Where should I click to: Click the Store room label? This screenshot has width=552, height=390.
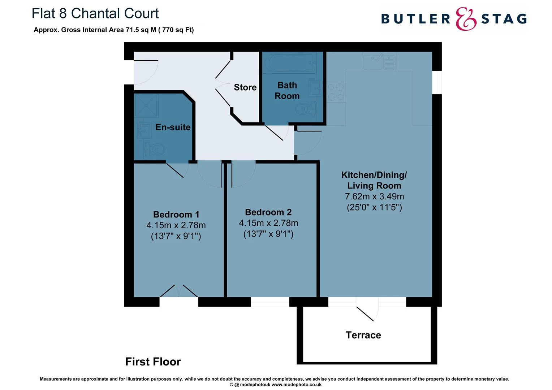[245, 87]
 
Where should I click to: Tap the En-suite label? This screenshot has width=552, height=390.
[173, 127]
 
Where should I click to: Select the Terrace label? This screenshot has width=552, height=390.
[363, 335]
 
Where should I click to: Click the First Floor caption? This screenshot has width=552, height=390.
[153, 362]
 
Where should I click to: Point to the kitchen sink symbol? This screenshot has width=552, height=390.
[379, 61]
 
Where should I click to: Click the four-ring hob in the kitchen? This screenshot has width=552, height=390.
[336, 92]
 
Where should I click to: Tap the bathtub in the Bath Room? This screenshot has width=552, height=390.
[290, 63]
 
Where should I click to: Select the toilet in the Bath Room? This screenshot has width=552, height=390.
[306, 108]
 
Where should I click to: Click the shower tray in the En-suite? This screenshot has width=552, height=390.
[146, 105]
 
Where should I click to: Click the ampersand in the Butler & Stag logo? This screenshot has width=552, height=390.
[466, 19]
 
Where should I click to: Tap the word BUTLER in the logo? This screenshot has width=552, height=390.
[416, 19]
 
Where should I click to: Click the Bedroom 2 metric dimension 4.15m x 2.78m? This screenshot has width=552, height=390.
[268, 223]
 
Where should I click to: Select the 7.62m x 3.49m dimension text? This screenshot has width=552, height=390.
[374, 196]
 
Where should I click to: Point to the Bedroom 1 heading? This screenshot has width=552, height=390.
[176, 214]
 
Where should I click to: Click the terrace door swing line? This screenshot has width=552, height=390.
[365, 314]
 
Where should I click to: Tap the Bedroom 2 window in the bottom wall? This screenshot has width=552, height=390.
[270, 302]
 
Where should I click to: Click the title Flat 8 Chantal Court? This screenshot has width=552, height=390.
[95, 13]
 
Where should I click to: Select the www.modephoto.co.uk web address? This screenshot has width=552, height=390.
[297, 385]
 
